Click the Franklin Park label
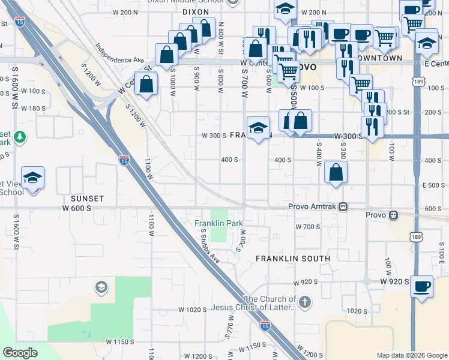click(x=219, y=223)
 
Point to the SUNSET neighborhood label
click(x=87, y=198)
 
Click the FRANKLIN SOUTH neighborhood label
click(x=293, y=258)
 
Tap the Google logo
click(x=20, y=353)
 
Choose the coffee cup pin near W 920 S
click(x=421, y=287)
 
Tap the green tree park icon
click(x=20, y=137)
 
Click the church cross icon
click(x=305, y=302)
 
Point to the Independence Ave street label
click(x=120, y=53)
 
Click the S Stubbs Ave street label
click(x=211, y=245)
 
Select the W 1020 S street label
click(x=192, y=310)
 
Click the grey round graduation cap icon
click(x=101, y=288)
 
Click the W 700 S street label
click(x=309, y=227)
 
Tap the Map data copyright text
click(x=411, y=355)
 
